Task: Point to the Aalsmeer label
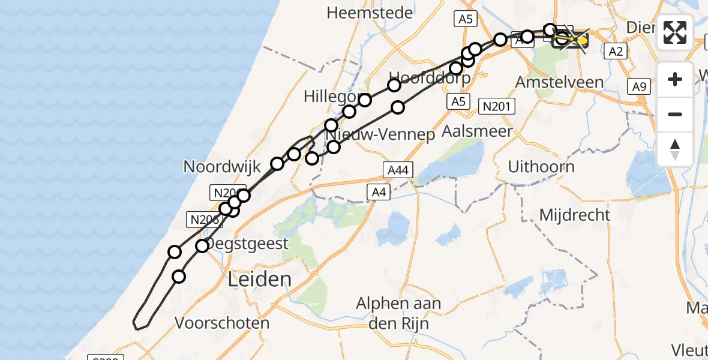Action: [477, 131]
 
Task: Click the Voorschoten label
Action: [222, 323]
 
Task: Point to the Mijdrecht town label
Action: [574, 214]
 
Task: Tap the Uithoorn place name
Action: [541, 166]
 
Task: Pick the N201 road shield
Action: [499, 107]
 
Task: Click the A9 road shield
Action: [638, 87]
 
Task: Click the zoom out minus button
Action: [675, 114]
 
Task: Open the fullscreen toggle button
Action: [675, 32]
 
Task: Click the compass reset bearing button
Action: [675, 149]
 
